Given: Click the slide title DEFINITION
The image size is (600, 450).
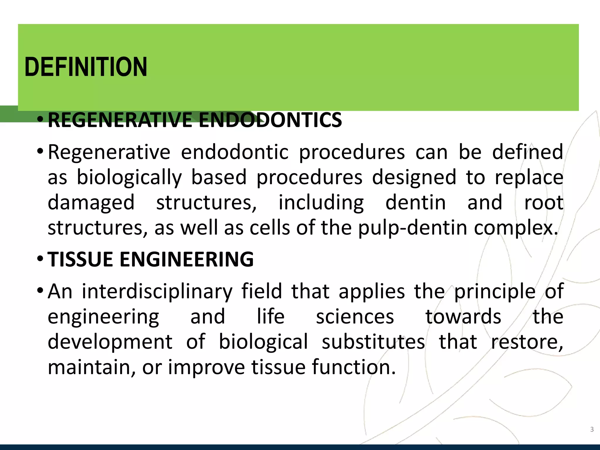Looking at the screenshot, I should point(86,67).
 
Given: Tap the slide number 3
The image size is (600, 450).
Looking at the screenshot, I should point(592,429).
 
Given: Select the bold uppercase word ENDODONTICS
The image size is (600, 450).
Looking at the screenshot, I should point(270,120).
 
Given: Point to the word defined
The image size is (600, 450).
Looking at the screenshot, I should point(528,152).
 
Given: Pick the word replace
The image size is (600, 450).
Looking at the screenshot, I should point(529,178).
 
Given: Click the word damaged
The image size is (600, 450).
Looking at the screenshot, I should point(91,203).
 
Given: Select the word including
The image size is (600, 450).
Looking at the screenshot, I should point(321,203).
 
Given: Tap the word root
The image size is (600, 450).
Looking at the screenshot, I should point(544,203).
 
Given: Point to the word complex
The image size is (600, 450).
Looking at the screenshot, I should point(516,228).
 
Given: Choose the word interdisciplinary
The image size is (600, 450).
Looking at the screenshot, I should point(157,292).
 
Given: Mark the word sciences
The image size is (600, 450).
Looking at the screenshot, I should point(355,317).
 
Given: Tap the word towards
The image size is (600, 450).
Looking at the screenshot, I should point(463,317).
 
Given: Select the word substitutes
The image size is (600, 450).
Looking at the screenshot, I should point(373,342).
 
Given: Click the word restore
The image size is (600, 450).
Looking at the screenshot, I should point(527,342).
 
